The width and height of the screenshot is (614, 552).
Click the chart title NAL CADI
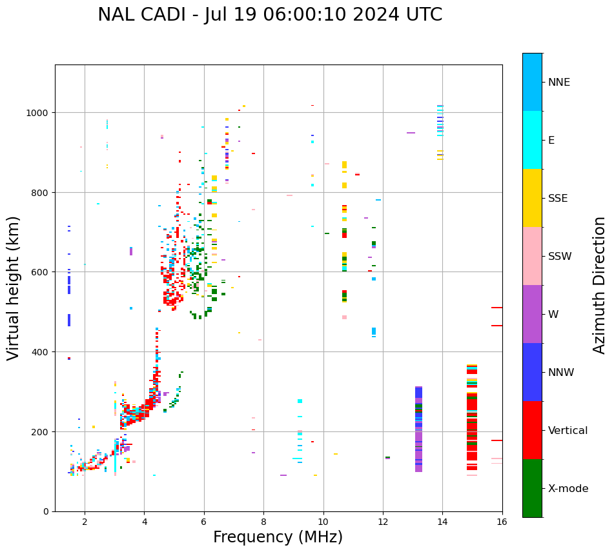click(x=270, y=15)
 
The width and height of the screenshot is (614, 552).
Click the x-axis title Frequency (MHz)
click(x=278, y=537)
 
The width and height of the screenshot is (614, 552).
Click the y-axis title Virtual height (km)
click(x=14, y=288)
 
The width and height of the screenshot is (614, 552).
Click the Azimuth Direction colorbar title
click(x=600, y=285)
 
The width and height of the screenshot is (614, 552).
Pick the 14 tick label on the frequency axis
click(x=442, y=522)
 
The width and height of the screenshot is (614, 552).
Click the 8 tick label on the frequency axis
click(x=263, y=522)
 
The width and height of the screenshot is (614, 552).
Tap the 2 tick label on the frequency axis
click(x=85, y=522)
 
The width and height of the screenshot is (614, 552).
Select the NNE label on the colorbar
click(x=559, y=82)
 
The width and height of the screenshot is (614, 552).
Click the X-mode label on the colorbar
click(x=568, y=488)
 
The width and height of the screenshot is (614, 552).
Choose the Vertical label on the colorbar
click(x=568, y=430)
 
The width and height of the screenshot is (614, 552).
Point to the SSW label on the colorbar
click(x=560, y=256)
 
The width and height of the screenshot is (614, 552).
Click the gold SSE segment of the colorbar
click(x=532, y=198)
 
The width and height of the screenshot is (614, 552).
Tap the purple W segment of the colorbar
click(x=532, y=314)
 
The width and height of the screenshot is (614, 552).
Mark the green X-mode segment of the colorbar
click(x=532, y=488)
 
